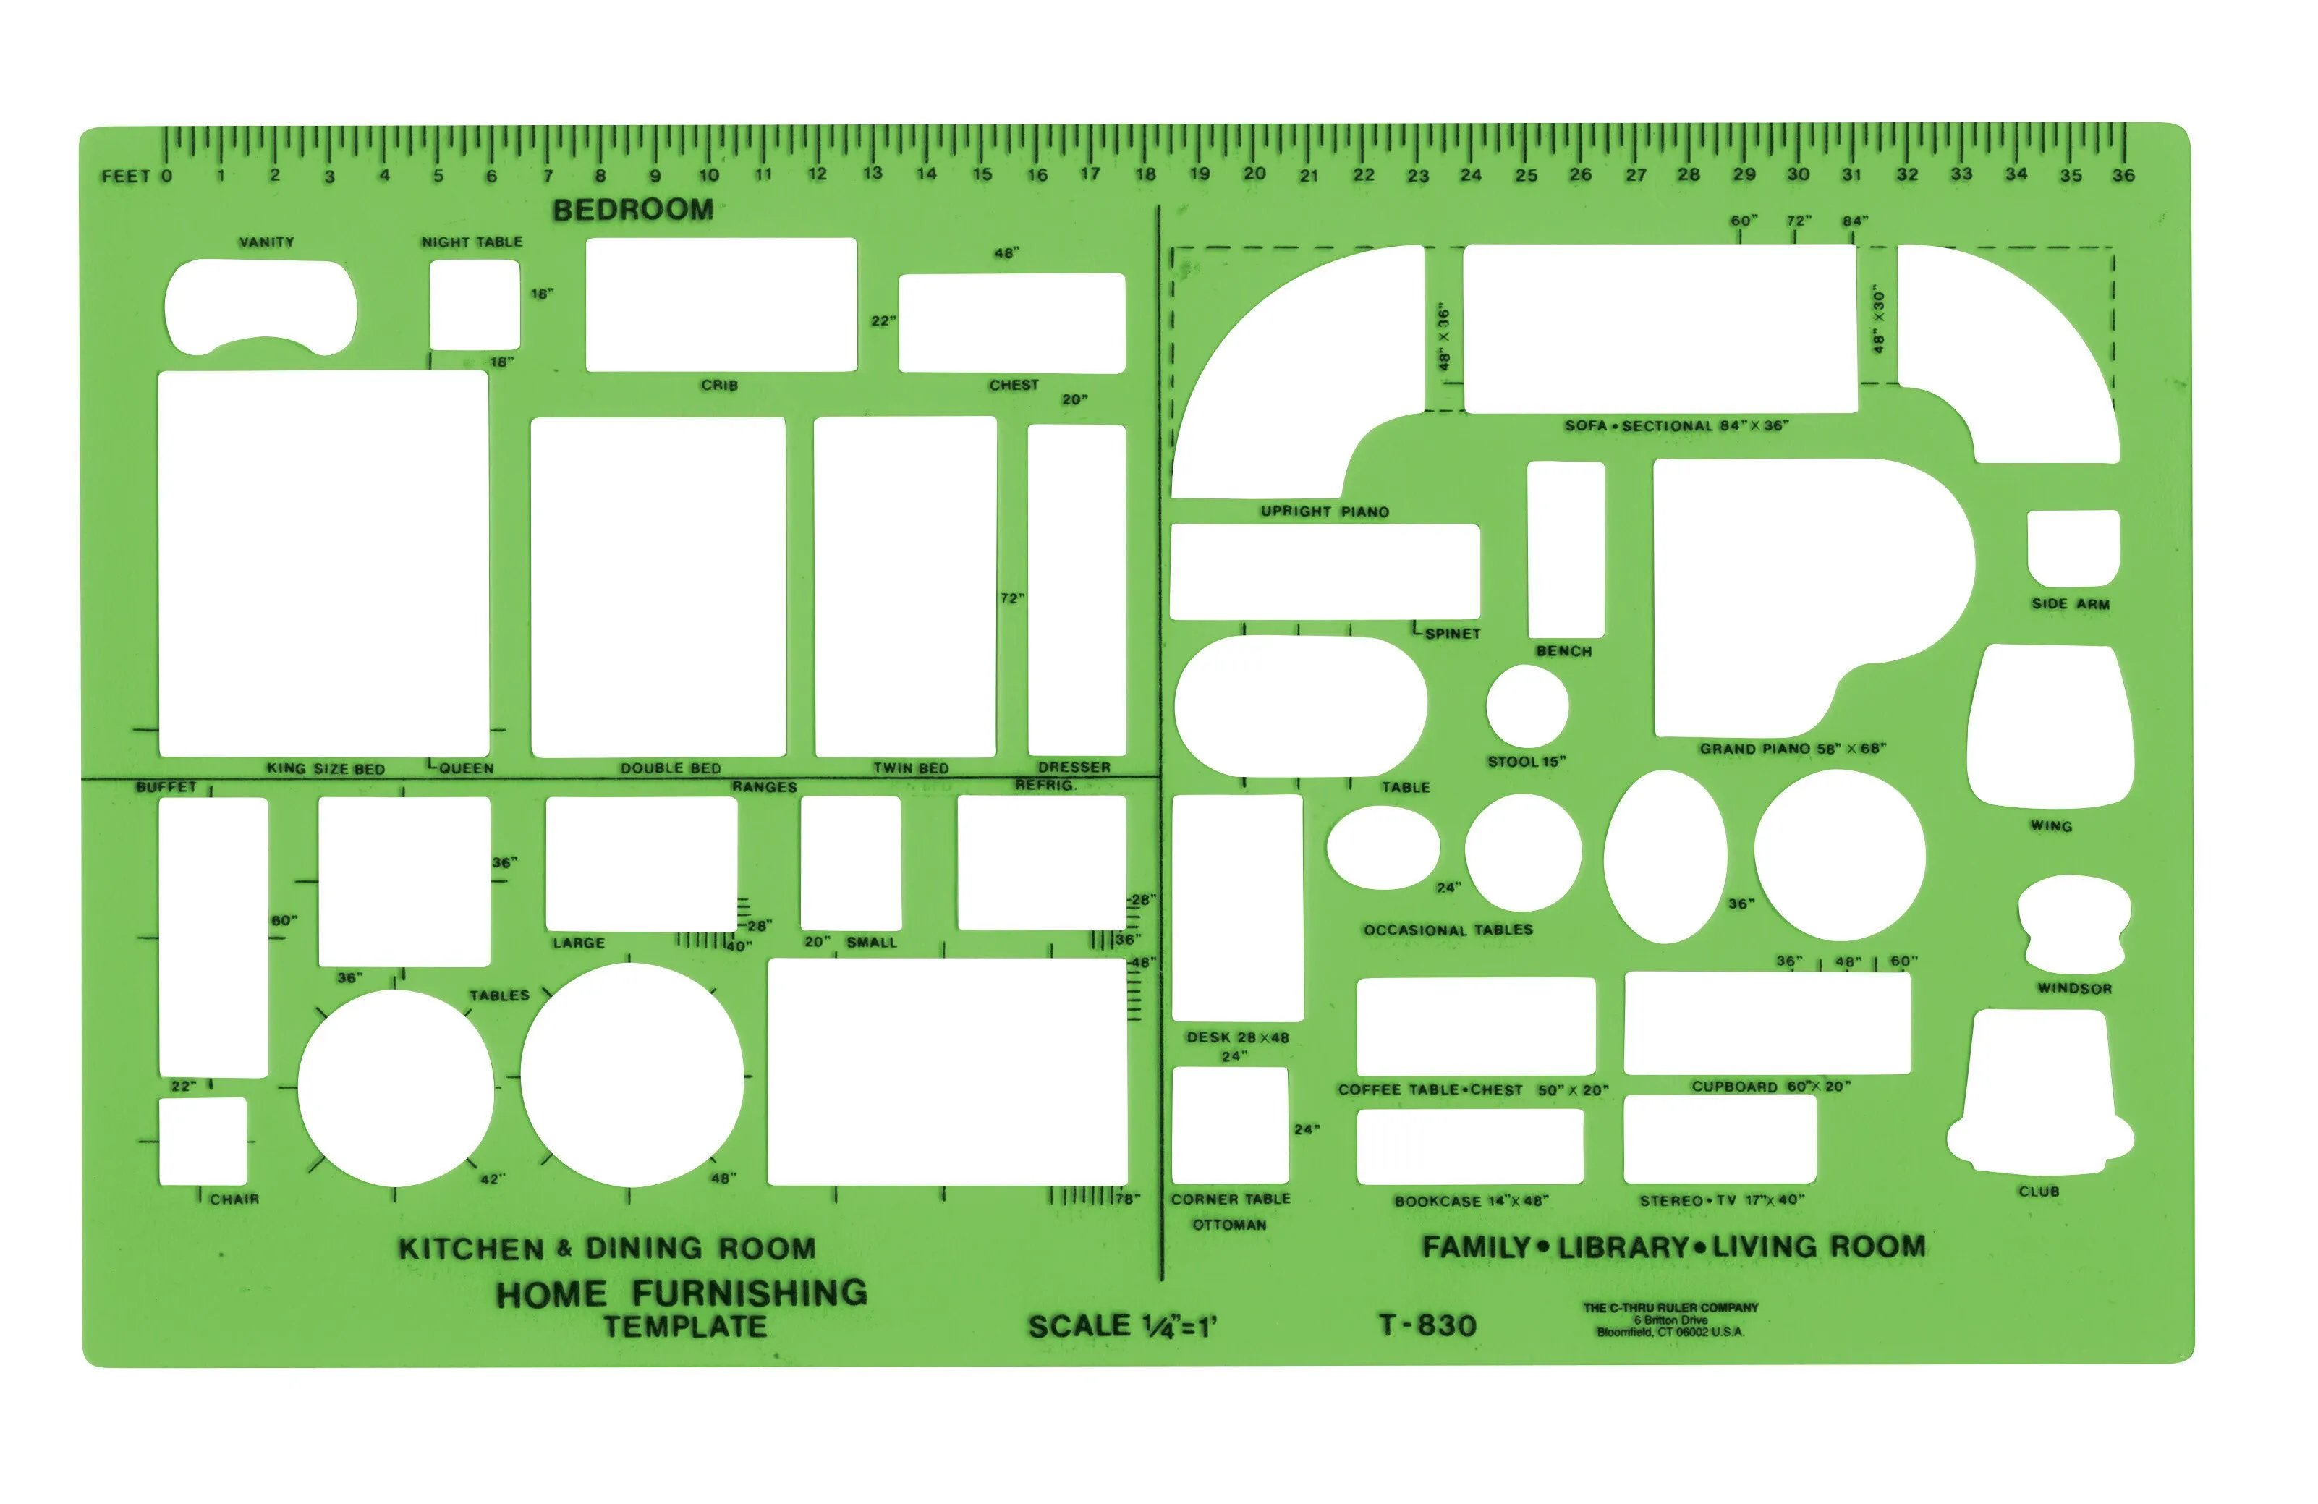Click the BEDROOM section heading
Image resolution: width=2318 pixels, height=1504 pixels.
point(633,209)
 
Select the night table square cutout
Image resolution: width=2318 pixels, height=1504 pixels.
point(475,304)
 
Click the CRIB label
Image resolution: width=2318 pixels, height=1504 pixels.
point(720,385)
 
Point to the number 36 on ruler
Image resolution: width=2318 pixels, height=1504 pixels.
point(2123,175)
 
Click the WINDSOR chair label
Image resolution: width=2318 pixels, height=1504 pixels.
point(2074,987)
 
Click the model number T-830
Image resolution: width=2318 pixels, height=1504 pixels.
point(1428,1325)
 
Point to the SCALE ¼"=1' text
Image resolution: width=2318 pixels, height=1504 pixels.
point(1122,1326)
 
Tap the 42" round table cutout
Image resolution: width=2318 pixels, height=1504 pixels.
point(396,1088)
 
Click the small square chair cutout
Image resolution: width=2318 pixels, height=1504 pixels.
point(203,1142)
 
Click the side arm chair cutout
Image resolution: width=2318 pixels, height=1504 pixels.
point(2073,548)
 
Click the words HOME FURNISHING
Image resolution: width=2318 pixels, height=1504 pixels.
point(682,1293)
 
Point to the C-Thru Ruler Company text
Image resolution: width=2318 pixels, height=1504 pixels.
point(1670,1307)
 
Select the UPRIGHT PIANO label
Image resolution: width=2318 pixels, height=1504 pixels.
point(1325,511)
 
